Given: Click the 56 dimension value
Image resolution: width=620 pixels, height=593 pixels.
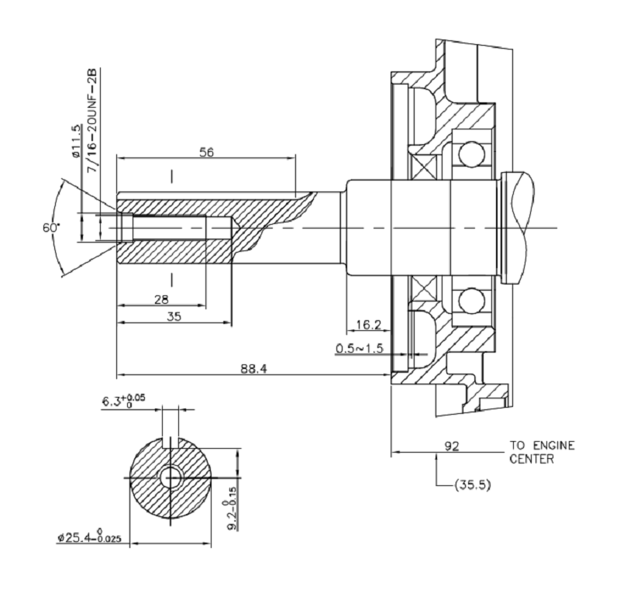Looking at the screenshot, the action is [x=206, y=152].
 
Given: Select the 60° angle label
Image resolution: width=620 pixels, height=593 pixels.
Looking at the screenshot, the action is [x=52, y=228].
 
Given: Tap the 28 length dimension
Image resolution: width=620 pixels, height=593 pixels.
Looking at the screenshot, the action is [x=161, y=299].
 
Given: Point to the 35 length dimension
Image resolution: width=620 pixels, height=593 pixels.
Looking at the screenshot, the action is [x=174, y=316].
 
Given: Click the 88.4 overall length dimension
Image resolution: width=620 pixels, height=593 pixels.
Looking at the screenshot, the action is [x=254, y=369].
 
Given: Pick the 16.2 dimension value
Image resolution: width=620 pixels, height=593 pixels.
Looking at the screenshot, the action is [x=368, y=325].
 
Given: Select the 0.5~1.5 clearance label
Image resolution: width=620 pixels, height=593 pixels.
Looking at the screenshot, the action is [x=360, y=349].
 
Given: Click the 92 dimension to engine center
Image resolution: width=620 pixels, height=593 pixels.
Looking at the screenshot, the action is [x=452, y=446].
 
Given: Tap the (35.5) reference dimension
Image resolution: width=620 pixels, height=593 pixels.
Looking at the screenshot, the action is [x=473, y=485].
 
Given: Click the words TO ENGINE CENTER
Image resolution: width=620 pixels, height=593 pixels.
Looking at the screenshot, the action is [x=542, y=452].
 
